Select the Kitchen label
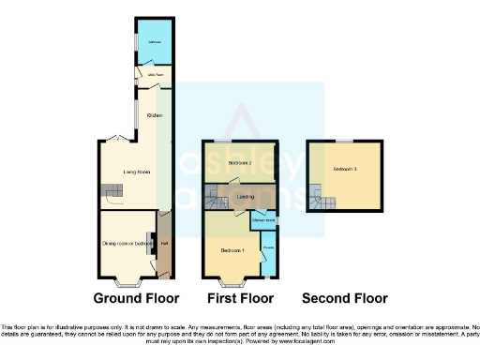coord(155,115)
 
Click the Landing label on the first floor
coord(247,198)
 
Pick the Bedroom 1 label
coord(232,250)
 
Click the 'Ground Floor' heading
coord(136,299)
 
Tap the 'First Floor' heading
coord(239,299)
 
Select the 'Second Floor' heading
coord(344,299)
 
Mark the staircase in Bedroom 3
coord(315,199)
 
